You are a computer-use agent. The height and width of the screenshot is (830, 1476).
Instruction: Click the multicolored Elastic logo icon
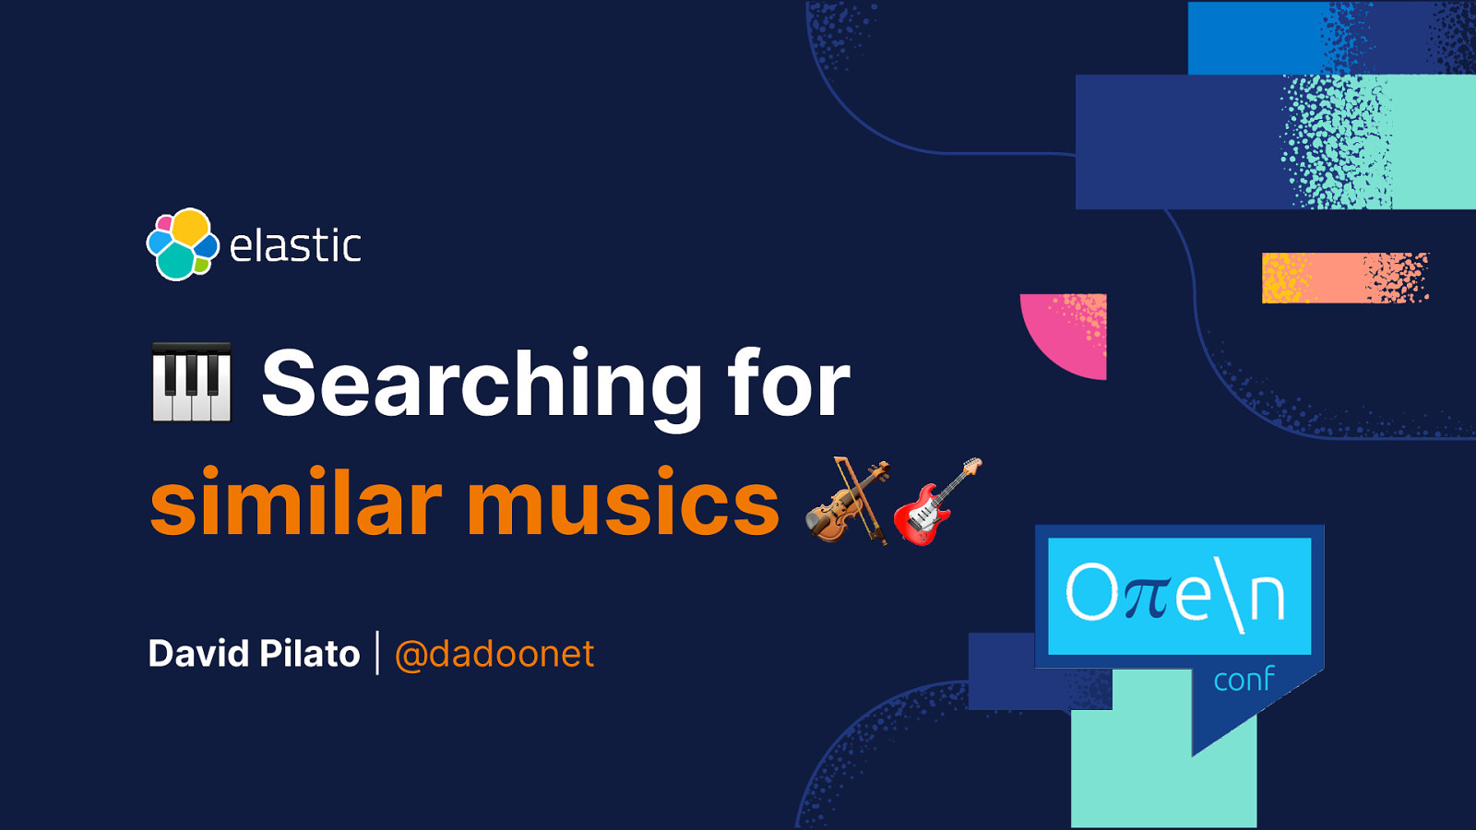183,244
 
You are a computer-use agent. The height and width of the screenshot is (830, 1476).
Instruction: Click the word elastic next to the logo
295,246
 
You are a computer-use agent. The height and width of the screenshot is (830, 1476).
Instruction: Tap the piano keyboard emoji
191,383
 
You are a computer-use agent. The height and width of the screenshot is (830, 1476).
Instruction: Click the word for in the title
788,383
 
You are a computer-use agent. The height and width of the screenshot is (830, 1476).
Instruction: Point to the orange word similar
295,503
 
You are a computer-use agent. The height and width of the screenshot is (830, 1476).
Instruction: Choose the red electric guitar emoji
936,502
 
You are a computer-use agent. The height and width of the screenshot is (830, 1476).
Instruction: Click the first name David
198,654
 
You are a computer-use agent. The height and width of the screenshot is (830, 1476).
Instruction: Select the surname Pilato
309,654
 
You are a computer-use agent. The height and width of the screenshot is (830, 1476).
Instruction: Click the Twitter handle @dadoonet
494,654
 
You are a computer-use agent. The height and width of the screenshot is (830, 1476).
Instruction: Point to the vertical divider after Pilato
377,653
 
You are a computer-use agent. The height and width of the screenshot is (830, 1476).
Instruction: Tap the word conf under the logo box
1243,680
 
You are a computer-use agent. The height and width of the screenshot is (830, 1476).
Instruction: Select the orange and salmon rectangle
1344,278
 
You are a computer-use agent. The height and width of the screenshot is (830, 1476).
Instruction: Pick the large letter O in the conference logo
1092,592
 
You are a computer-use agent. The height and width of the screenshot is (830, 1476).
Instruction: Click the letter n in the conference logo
1268,597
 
